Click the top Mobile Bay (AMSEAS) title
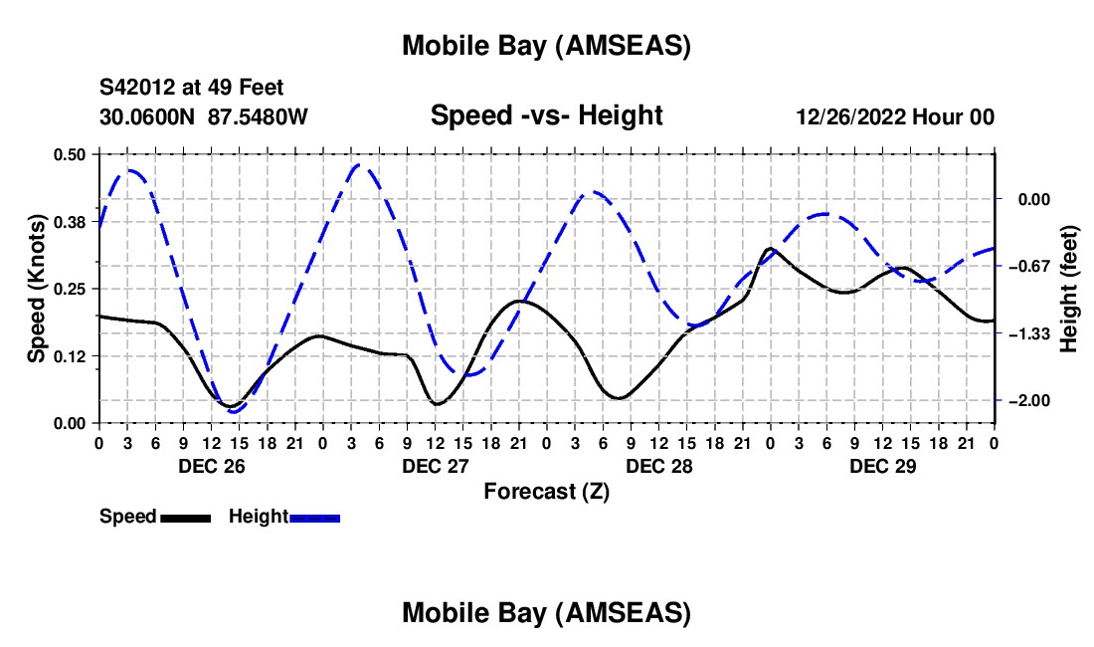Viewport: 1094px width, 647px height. (x=546, y=46)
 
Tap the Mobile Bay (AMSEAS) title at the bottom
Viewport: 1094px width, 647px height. (x=546, y=613)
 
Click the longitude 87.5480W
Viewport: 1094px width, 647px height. (x=259, y=116)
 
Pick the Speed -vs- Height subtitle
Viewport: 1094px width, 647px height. (x=546, y=115)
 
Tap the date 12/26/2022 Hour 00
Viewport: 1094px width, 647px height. (x=895, y=116)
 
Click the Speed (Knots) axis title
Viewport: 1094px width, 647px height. (x=36, y=288)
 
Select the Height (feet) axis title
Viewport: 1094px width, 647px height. (x=1069, y=289)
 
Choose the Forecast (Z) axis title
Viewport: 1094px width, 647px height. (x=546, y=491)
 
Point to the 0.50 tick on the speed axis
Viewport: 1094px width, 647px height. (x=70, y=153)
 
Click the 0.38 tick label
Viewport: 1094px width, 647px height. (x=70, y=221)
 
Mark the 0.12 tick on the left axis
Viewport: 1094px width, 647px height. (x=70, y=355)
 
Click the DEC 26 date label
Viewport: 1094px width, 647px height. (x=211, y=465)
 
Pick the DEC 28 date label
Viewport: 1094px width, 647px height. (x=658, y=465)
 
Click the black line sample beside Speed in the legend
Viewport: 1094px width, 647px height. (x=184, y=517)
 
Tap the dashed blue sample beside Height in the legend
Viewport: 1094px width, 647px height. (x=314, y=517)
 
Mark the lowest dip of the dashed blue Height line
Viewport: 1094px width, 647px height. (x=235, y=411)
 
